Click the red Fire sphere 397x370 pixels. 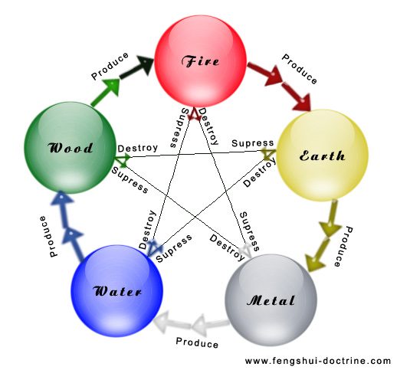tap(201, 61)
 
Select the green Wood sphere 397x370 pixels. tap(71, 148)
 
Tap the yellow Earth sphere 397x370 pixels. tap(322, 156)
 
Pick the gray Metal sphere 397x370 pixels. tap(271, 300)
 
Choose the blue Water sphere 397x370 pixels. tap(116, 291)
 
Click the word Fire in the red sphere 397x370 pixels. tap(200, 61)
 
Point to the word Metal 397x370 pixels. tap(271, 300)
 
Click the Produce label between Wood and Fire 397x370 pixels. tap(110, 66)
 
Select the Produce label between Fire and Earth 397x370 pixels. tap(300, 69)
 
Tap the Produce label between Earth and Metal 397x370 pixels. tap(343, 247)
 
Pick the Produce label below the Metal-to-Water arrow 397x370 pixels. tap(197, 342)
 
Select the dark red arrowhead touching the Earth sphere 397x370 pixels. tap(301, 103)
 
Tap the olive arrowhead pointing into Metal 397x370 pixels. tap(315, 262)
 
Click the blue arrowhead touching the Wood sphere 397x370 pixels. tap(61, 198)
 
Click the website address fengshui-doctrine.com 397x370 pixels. tap(318, 361)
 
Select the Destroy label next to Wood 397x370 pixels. tap(138, 148)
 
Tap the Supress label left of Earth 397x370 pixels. tap(252, 143)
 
